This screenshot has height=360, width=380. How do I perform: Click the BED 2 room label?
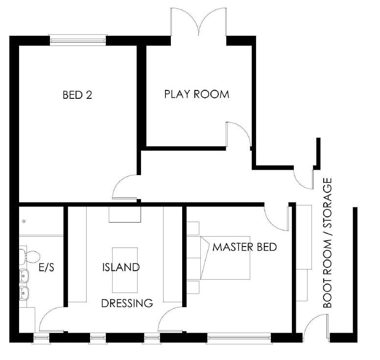point(77,95)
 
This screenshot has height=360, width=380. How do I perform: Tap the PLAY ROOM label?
point(196,94)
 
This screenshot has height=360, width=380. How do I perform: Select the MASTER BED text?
point(244,247)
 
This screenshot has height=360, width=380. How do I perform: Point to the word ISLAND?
point(121,268)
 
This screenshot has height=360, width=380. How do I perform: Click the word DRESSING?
point(127,303)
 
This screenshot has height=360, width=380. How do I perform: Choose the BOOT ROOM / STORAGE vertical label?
point(327,243)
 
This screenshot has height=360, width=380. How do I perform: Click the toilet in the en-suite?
point(30,256)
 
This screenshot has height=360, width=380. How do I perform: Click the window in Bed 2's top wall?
point(77,40)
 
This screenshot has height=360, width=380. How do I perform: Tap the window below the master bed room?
point(239,338)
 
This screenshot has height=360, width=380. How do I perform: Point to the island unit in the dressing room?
point(125,269)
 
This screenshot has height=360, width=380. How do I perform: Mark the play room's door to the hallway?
point(238,134)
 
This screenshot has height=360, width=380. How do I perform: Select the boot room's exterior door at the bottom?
point(316,326)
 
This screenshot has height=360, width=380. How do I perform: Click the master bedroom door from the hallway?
point(277,217)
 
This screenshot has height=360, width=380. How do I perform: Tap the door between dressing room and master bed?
point(171,320)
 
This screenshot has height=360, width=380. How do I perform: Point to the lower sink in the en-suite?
point(24,293)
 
